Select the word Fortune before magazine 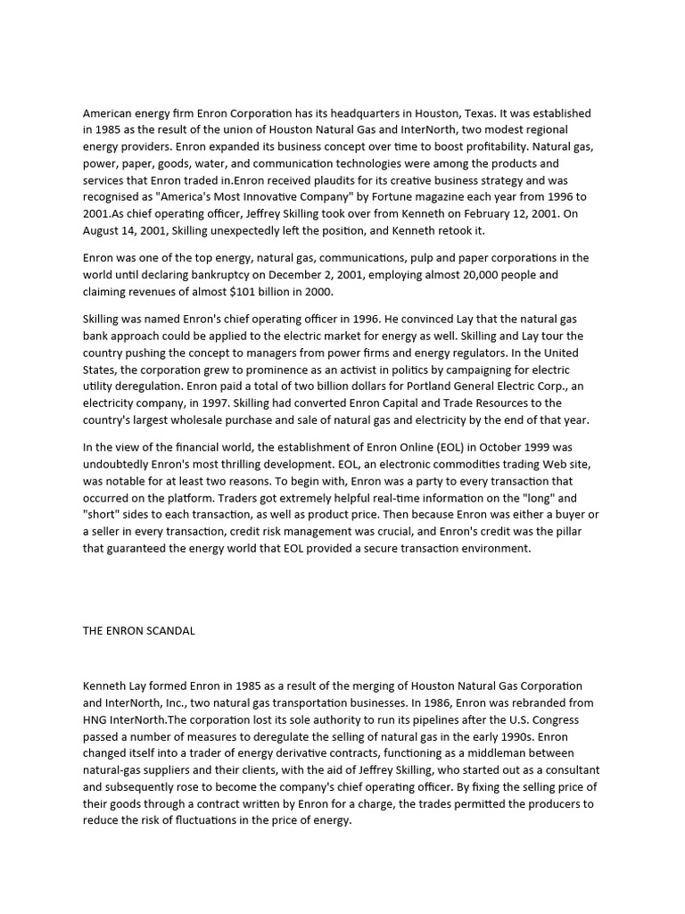(x=359, y=196)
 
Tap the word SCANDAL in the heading (x=167, y=631)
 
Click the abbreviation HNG (x=96, y=719)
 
